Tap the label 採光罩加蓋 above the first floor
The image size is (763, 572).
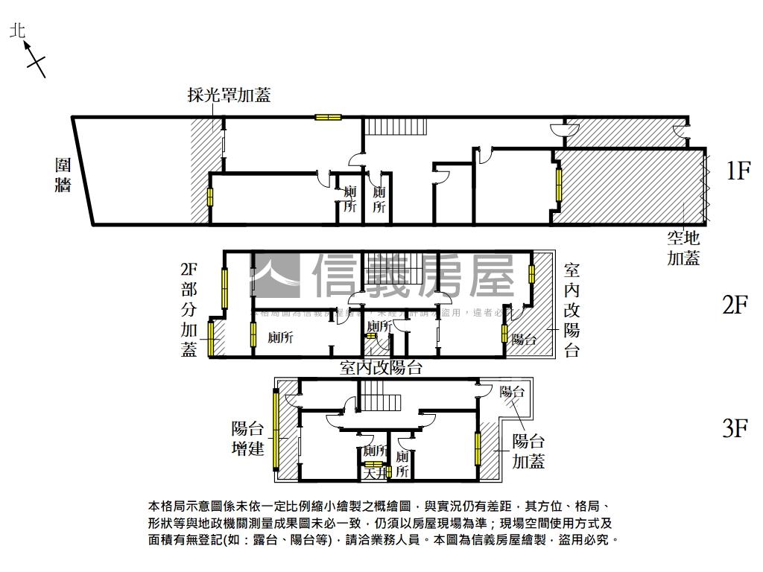(229, 95)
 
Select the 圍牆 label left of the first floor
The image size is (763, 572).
(63, 174)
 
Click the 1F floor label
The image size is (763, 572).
(738, 171)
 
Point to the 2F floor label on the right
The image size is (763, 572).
(735, 305)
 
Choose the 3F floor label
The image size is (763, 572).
(735, 428)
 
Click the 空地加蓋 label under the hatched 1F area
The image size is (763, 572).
(683, 248)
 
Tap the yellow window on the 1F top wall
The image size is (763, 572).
(327, 117)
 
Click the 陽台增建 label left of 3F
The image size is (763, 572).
(248, 439)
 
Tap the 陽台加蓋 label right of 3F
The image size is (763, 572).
(528, 451)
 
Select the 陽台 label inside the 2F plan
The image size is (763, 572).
(524, 340)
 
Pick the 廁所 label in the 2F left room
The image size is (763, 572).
(280, 337)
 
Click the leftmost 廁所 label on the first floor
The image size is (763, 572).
(349, 200)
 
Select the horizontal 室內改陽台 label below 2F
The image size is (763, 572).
(381, 367)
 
